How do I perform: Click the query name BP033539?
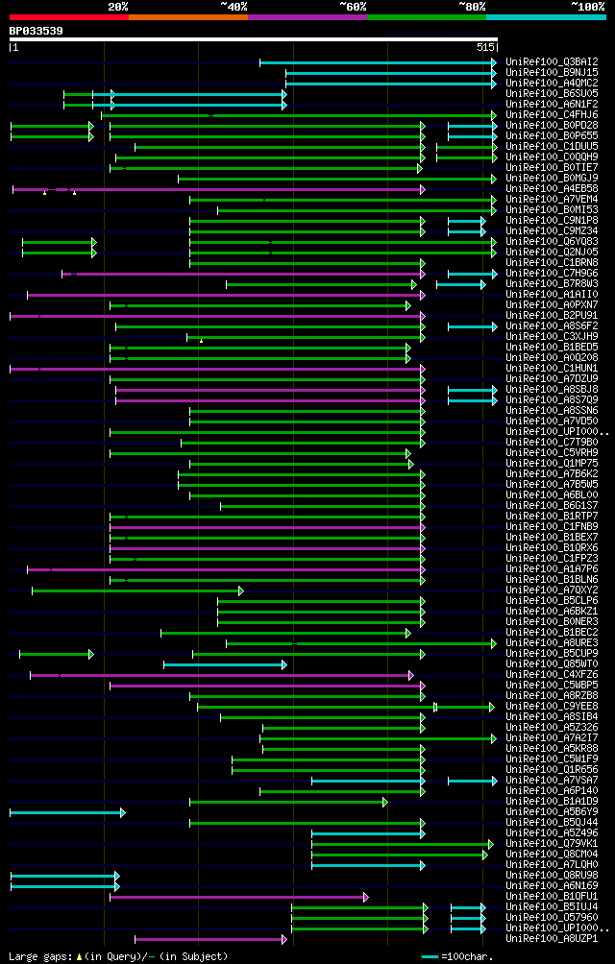point(37,31)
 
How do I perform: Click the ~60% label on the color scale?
point(353,6)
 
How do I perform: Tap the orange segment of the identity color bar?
point(187,16)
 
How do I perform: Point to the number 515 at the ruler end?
point(484,46)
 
